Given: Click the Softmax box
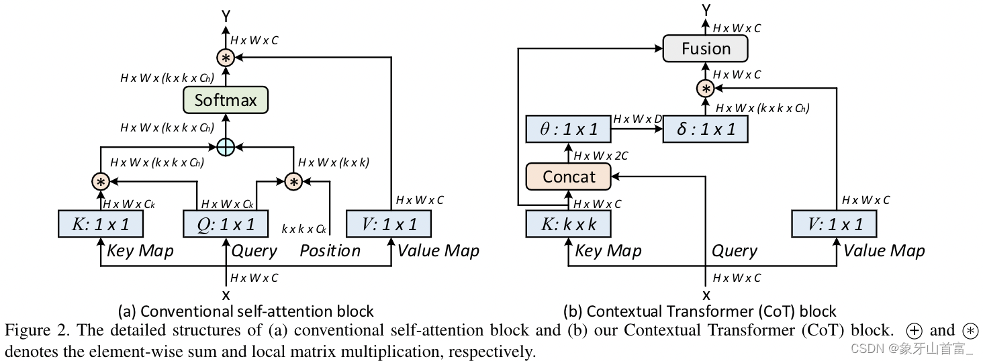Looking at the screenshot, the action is pos(226,100).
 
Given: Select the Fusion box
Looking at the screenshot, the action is pos(705,48).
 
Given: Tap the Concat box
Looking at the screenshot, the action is pos(568,176).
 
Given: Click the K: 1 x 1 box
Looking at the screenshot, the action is pos(101,224).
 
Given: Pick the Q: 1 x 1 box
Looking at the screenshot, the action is pos(226,224).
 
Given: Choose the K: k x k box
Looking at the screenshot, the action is pos(568,224).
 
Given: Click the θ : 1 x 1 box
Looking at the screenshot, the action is pos(568,129).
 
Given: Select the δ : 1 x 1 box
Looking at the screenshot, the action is pos(705,129).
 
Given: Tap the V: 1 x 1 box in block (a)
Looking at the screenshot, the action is pos(389,224).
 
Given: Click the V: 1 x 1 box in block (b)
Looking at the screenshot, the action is pos(834,224).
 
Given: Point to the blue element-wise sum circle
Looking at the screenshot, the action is pos(226,147).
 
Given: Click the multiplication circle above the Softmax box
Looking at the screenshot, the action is pos(226,58).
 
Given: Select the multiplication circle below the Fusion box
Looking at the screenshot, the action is pos(705,89).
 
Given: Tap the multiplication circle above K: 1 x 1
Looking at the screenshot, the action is pos(101,182).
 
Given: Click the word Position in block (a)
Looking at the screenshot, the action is pos(330,251).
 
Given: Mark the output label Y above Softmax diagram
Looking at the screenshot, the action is pos(226,16).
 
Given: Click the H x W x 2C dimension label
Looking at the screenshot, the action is pos(601,156).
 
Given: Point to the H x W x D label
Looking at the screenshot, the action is pos(637,119).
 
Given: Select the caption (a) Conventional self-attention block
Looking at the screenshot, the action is pos(246,311).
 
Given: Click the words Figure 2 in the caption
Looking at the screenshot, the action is pos(37,330).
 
